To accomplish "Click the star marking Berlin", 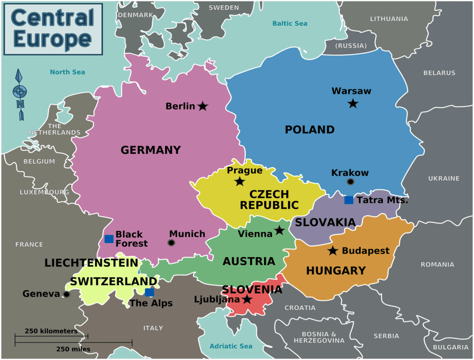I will [202, 106].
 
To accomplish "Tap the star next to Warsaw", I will [353, 104].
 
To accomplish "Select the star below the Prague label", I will [240, 182].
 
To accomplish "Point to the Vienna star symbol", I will [279, 231].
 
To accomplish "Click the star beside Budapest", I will [333, 251].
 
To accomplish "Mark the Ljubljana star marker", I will [247, 299].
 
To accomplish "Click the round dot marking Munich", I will [171, 242].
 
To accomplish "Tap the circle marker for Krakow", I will [350, 182].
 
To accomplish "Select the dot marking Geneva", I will [66, 294].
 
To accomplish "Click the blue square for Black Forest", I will [109, 239].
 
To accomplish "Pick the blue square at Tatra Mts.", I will [349, 200].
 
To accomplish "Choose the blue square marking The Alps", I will [149, 293].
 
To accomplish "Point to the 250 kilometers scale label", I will [51, 331].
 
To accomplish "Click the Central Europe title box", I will [53, 29].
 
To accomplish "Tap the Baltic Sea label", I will [289, 24].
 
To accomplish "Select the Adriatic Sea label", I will [231, 346].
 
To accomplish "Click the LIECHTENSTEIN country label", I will [91, 262].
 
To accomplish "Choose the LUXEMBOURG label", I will [44, 192].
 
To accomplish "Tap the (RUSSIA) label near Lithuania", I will [351, 46].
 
